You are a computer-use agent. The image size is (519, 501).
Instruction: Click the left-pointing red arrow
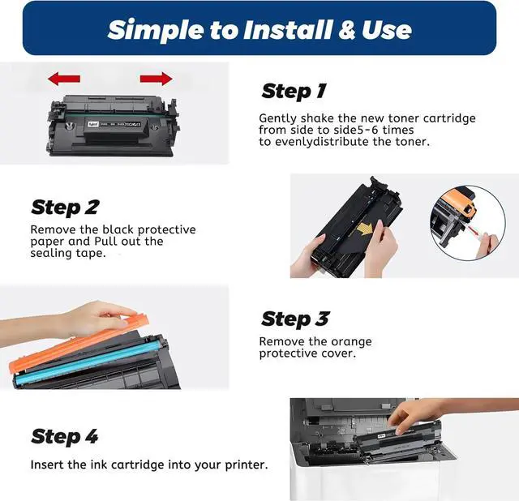[x=64, y=79]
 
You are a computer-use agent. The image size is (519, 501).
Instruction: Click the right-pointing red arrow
[x=157, y=79]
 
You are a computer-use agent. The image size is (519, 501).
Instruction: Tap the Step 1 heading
[x=294, y=91]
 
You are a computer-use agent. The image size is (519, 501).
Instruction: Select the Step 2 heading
[x=65, y=208]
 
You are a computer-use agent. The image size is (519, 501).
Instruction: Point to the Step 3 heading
[x=295, y=319]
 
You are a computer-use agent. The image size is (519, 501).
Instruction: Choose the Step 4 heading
[x=65, y=436]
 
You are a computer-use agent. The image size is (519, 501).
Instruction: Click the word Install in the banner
[x=287, y=30]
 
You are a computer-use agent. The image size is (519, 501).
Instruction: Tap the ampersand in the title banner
[x=346, y=30]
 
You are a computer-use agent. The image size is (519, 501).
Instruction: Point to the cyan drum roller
[x=89, y=362]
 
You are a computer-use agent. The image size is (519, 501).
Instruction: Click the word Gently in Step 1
[x=277, y=118]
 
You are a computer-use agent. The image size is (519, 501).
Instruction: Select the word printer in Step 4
[x=247, y=465]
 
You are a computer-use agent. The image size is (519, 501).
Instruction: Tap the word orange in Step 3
[x=351, y=342]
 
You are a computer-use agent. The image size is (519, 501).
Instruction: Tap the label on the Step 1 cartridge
[x=114, y=124]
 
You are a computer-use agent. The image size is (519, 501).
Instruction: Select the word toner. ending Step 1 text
[x=413, y=142]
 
